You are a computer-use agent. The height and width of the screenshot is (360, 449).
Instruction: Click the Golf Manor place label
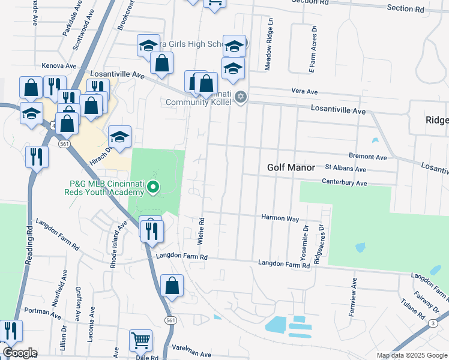291,168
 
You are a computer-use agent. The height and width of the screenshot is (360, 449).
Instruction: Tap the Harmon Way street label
279,218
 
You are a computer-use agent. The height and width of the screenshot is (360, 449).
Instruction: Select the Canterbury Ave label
344,182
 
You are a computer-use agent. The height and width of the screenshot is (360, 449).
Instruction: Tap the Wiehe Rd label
202,231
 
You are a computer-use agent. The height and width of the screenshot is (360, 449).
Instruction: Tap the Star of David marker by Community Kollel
241,97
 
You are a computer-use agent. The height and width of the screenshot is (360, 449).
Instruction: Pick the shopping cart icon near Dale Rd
140,340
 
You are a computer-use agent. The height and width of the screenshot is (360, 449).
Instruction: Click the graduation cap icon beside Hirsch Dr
119,137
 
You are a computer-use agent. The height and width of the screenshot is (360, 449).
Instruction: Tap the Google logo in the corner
19,353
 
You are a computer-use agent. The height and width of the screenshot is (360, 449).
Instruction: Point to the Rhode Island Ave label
122,237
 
